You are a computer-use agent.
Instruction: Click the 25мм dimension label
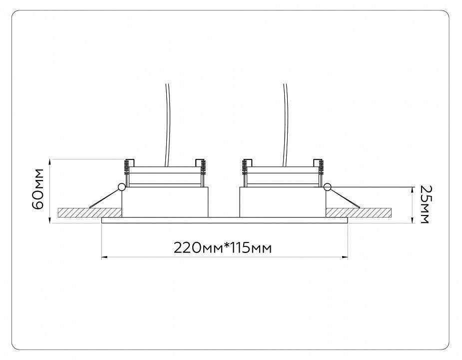[x=425, y=204]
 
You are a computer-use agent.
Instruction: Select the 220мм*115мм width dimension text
[x=223, y=247]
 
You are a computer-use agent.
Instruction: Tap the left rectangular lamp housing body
[x=165, y=202]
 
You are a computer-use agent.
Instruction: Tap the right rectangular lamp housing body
[x=282, y=202]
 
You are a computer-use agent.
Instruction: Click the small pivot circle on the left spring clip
[x=121, y=187]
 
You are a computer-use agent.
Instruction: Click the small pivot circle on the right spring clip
[x=327, y=187]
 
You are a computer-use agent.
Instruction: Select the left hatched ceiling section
[x=90, y=212]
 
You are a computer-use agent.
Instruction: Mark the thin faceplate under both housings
[x=224, y=219]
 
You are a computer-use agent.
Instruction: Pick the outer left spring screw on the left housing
[x=127, y=165]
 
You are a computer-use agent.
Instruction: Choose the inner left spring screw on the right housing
[x=245, y=165]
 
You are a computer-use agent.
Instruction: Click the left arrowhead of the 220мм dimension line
[x=104, y=257]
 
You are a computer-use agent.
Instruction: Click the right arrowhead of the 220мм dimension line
[x=346, y=257]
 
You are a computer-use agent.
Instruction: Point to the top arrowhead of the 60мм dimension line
[x=51, y=161]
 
